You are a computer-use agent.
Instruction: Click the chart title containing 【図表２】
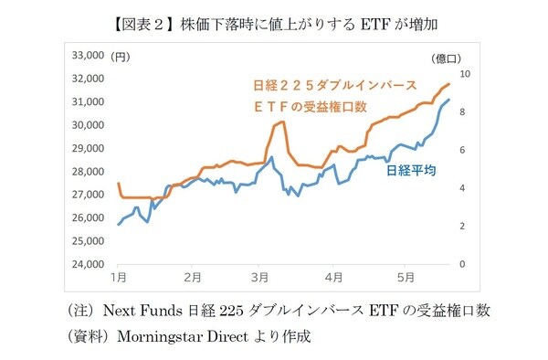coord(274,16)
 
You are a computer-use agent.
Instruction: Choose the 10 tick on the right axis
coord(466,74)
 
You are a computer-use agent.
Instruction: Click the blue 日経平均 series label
coord(410,169)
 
